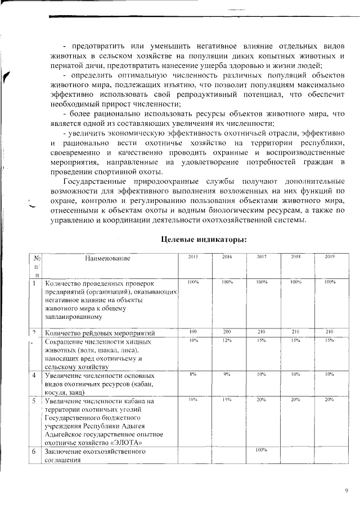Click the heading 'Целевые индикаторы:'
coord(204,238)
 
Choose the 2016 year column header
coord(227,257)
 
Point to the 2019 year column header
coord(330,257)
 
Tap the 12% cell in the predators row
coord(227,341)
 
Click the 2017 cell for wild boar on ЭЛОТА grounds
coord(261,400)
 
